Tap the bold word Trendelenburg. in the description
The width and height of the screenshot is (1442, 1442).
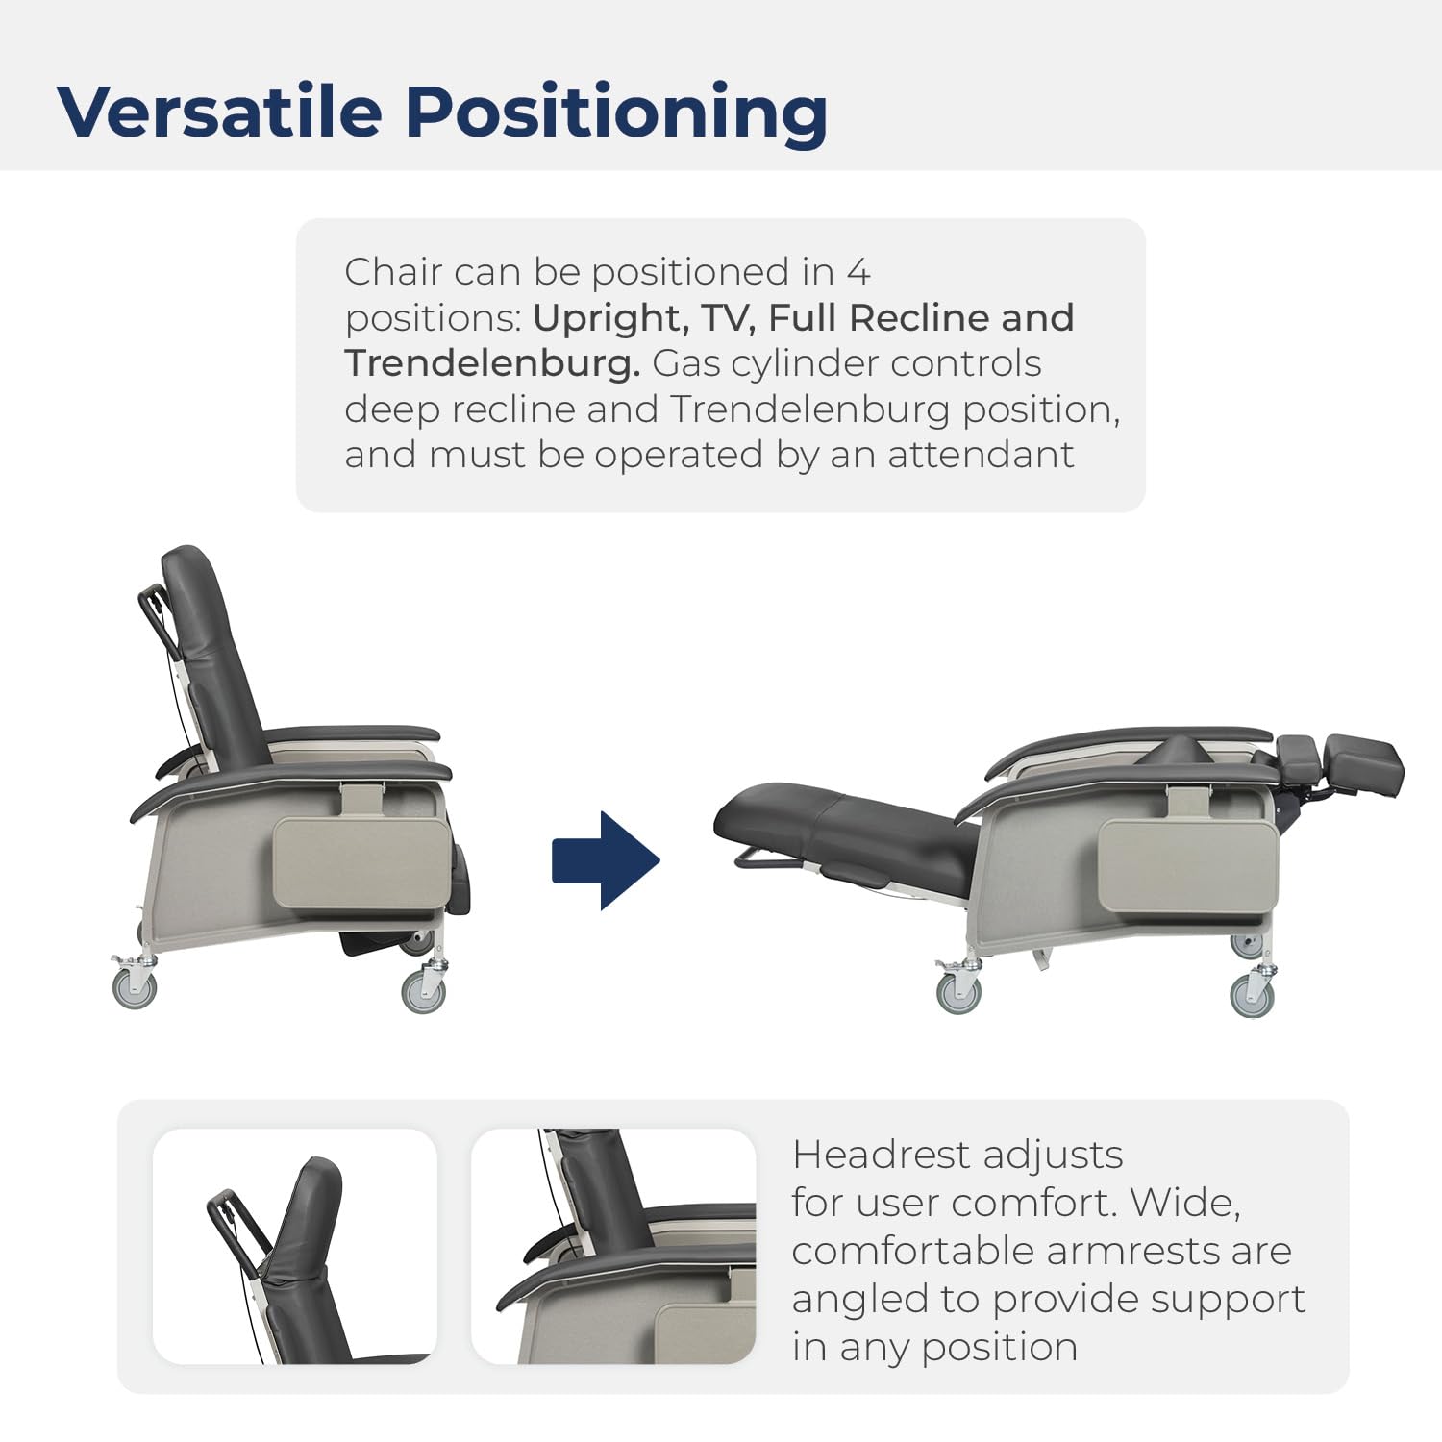tap(492, 364)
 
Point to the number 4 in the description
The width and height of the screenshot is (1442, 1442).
tap(858, 272)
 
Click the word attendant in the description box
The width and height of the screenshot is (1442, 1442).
tap(981, 456)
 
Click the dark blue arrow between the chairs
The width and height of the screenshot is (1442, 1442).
tap(606, 860)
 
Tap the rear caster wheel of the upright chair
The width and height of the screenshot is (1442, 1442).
tap(134, 988)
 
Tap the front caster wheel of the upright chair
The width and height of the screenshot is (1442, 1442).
tap(423, 991)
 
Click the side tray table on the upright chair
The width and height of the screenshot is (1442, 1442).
tap(362, 862)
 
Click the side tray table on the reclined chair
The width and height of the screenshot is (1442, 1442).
tap(1188, 866)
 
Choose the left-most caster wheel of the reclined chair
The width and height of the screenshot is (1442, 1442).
tap(958, 992)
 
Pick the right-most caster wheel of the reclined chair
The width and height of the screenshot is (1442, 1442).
tap(1252, 994)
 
